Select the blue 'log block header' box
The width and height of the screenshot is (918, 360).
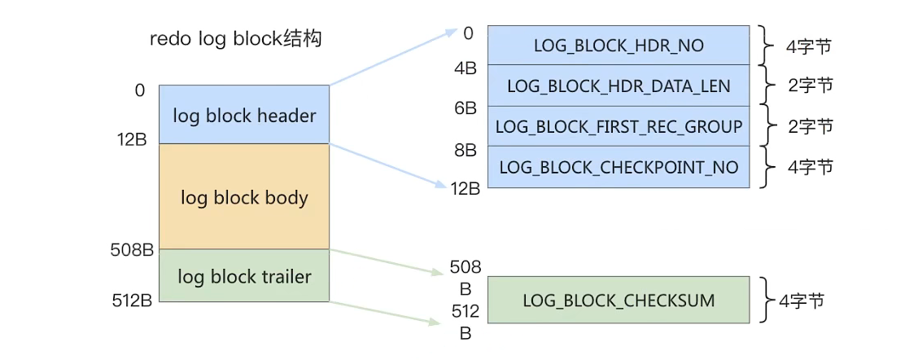pyautogui.click(x=244, y=115)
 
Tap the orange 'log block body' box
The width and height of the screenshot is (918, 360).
pyautogui.click(x=244, y=197)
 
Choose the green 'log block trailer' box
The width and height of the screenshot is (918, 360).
pyautogui.click(x=244, y=276)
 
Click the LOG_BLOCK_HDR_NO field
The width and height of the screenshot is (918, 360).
pyautogui.click(x=618, y=46)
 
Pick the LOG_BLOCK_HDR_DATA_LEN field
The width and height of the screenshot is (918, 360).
pyautogui.click(x=618, y=86)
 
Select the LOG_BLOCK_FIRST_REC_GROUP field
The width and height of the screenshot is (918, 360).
pyautogui.click(x=618, y=126)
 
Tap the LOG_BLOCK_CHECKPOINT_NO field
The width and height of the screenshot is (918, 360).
pyautogui.click(x=618, y=167)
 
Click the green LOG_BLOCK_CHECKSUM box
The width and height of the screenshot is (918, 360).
pyautogui.click(x=618, y=301)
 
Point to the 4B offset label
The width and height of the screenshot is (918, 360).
pyautogui.click(x=466, y=68)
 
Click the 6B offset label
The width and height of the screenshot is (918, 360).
pyautogui.click(x=466, y=108)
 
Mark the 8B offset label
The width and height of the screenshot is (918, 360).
pyautogui.click(x=466, y=150)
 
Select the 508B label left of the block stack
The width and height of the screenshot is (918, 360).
pyautogui.click(x=132, y=250)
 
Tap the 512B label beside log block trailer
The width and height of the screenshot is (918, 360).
pyautogui.click(x=132, y=301)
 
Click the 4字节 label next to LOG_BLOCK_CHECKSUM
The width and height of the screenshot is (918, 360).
pyautogui.click(x=802, y=301)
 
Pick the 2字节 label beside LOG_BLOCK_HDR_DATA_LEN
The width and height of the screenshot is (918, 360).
pyautogui.click(x=810, y=86)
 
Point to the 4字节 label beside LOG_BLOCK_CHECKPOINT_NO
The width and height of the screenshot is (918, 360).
pyautogui.click(x=810, y=167)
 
